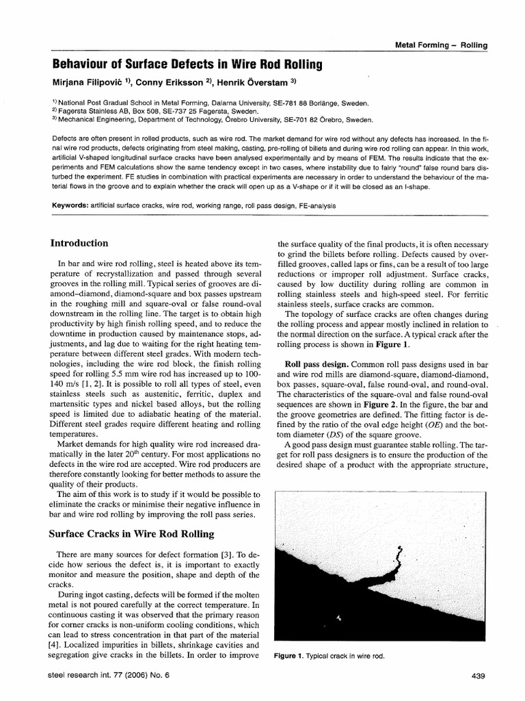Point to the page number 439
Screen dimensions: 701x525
478,677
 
